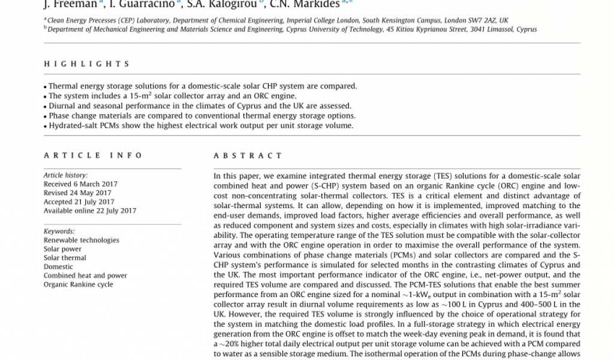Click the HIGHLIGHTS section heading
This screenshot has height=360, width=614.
point(86,64)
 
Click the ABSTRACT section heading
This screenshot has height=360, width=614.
point(248,155)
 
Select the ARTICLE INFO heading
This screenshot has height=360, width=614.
point(93,155)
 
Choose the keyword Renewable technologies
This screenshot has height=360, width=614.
point(82,240)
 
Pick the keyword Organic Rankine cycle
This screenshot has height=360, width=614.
point(78,284)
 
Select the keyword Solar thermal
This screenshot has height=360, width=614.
point(65,258)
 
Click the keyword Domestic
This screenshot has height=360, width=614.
point(58,267)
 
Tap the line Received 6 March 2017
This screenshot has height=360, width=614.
point(80,184)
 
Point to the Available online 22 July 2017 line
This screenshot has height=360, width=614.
point(89,211)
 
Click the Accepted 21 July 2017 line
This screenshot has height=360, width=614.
point(79,202)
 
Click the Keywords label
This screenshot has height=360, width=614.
point(59,231)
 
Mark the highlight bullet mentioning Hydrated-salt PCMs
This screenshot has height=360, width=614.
point(201,126)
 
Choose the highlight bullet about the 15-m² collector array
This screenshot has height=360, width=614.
point(172,96)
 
